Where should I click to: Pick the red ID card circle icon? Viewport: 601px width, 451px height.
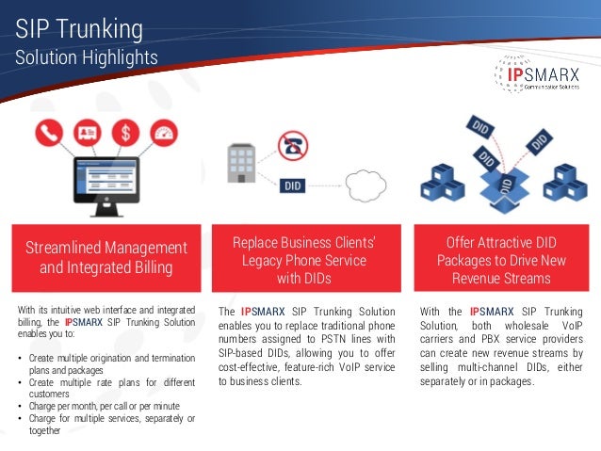point(86,132)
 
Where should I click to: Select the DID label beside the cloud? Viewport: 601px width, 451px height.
point(293,185)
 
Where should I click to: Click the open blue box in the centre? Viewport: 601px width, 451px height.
point(508,188)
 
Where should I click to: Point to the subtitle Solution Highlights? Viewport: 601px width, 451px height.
point(86,58)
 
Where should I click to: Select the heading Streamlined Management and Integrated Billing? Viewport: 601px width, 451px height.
point(106,257)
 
